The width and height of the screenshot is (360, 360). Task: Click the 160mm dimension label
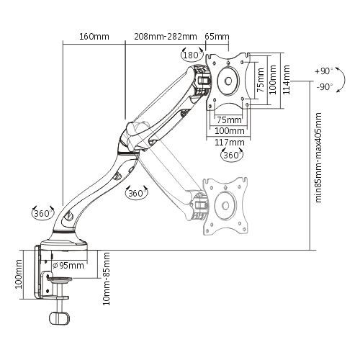point(94,36)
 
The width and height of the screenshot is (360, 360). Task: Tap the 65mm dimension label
point(217,36)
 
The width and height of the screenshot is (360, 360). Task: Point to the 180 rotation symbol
point(191,55)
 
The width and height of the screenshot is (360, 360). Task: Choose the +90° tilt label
point(323,72)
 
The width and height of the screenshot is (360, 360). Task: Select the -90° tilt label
point(323,86)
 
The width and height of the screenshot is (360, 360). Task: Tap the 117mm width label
point(229,142)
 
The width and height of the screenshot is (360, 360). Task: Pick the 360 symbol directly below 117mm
point(230,155)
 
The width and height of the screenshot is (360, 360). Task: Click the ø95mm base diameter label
point(69,265)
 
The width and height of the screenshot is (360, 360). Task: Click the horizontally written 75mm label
point(229,119)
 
